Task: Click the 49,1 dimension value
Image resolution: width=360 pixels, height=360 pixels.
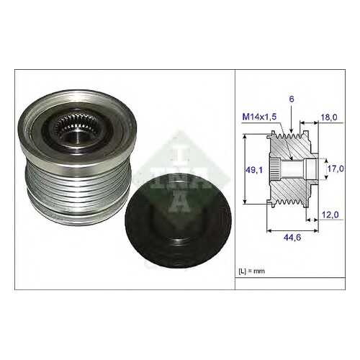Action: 254,170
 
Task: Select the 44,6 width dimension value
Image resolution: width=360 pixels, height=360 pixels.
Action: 292,238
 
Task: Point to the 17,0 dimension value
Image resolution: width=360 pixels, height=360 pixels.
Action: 336,168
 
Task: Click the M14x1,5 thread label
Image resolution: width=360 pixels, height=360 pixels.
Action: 259,117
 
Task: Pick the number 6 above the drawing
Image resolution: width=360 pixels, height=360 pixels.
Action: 292,99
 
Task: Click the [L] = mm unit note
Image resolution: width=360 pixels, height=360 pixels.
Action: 251,271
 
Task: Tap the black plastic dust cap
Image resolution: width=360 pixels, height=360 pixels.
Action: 178,221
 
